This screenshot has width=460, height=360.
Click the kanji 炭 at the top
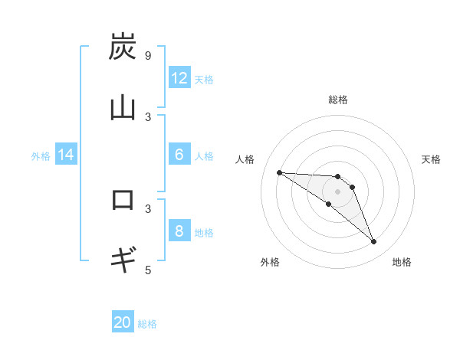pyautogui.click(x=123, y=47)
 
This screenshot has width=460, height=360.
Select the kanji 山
pyautogui.click(x=123, y=108)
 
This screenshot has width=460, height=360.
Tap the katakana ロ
pyautogui.click(x=123, y=200)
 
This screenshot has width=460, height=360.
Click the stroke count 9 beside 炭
pyautogui.click(x=147, y=56)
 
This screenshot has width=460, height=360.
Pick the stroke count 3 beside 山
pyautogui.click(x=147, y=116)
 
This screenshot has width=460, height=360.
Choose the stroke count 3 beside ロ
pyautogui.click(x=147, y=208)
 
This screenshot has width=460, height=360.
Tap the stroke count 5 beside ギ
pyautogui.click(x=147, y=269)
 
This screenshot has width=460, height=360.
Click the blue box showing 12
pyautogui.click(x=179, y=78)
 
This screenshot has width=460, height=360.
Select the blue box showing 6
pyautogui.click(x=179, y=155)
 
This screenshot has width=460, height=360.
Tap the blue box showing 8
pyautogui.click(x=179, y=231)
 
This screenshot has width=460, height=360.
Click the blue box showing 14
pyautogui.click(x=66, y=155)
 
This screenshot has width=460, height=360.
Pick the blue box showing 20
pyautogui.click(x=123, y=322)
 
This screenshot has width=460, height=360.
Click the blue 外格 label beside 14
pyautogui.click(x=41, y=155)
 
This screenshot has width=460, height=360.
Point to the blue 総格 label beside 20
pyautogui.click(x=147, y=324)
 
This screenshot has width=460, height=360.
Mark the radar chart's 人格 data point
pyautogui.click(x=279, y=172)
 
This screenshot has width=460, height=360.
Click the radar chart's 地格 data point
pyautogui.click(x=373, y=242)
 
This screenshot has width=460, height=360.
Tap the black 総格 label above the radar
pyautogui.click(x=337, y=100)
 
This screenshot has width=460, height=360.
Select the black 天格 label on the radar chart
pyautogui.click(x=432, y=159)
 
